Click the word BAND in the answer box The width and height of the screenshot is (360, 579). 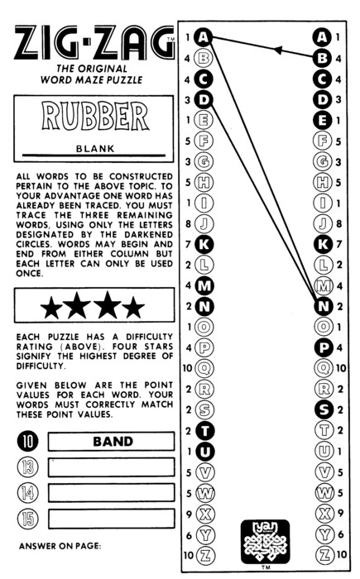pos(113,441)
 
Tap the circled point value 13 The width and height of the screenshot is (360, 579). pos(27,467)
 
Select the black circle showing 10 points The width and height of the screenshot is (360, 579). pos(27,441)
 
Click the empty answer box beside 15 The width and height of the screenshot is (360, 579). pos(111,519)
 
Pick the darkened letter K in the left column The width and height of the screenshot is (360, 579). pos(204,244)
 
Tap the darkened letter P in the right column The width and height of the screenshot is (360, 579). pos(324,347)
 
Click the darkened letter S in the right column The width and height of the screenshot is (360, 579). pos(324,409)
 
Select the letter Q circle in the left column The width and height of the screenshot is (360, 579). pos(204,368)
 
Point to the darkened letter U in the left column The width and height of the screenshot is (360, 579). pos(204,452)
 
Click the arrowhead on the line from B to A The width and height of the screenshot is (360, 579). pos(277,50)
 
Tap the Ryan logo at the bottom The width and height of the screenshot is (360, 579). pos(265,541)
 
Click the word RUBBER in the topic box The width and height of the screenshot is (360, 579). pos(95,116)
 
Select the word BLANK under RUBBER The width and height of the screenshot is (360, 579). pos(95,149)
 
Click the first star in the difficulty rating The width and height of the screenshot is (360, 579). pos(52,307)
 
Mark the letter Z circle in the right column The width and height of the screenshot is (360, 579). pos(325,554)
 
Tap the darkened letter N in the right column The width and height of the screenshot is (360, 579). pos(324,307)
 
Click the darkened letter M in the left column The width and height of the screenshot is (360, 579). pos(204,285)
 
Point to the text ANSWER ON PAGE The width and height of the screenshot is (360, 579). pos(60,546)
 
